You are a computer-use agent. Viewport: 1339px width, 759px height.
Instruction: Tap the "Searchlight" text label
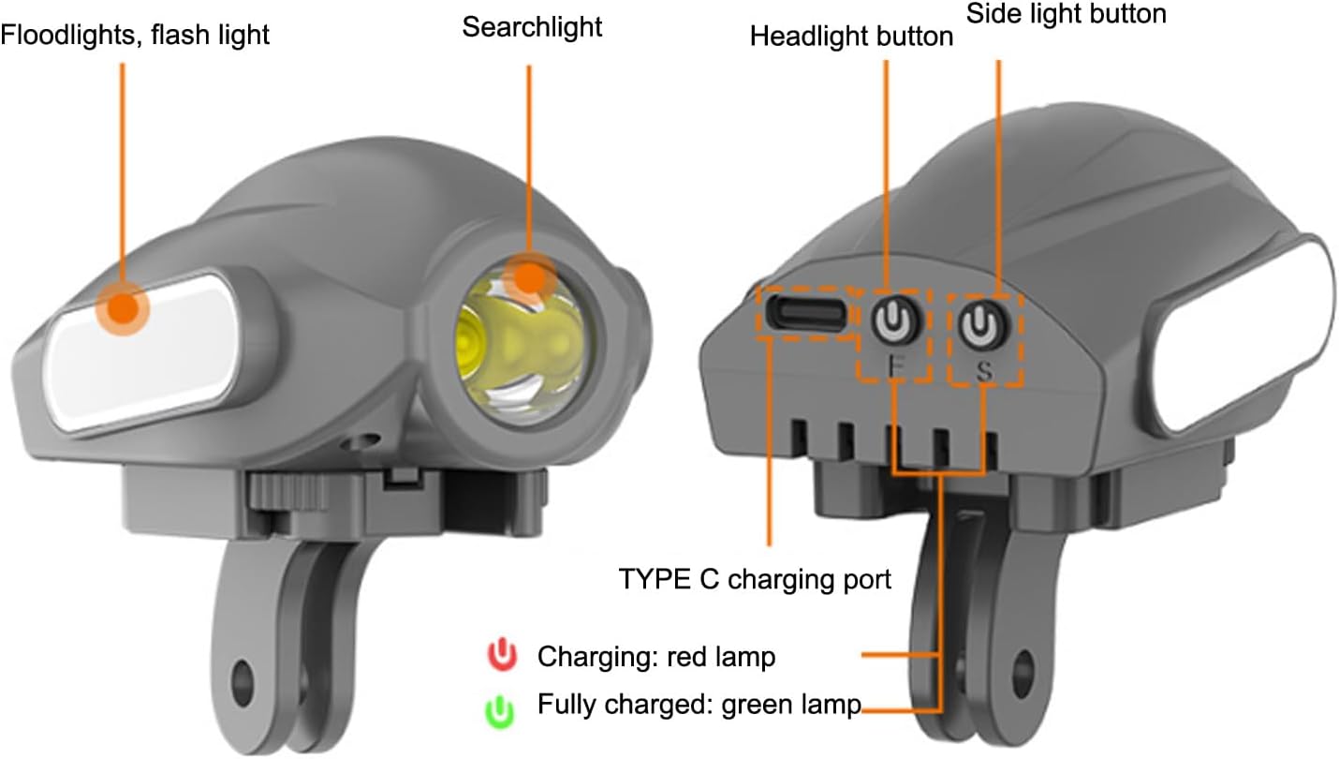532,27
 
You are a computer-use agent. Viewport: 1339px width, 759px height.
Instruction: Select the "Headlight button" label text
851,37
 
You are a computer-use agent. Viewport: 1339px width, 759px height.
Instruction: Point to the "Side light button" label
1066,13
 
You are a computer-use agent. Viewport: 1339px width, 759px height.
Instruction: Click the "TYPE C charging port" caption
755,579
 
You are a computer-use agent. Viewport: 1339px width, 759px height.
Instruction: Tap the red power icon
502,655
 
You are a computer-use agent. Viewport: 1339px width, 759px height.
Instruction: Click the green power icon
502,710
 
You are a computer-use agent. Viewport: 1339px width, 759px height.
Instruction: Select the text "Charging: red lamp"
655,657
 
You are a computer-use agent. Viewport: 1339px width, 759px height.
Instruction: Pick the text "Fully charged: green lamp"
699,705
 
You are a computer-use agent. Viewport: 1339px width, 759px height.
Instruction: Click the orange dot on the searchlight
529,278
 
